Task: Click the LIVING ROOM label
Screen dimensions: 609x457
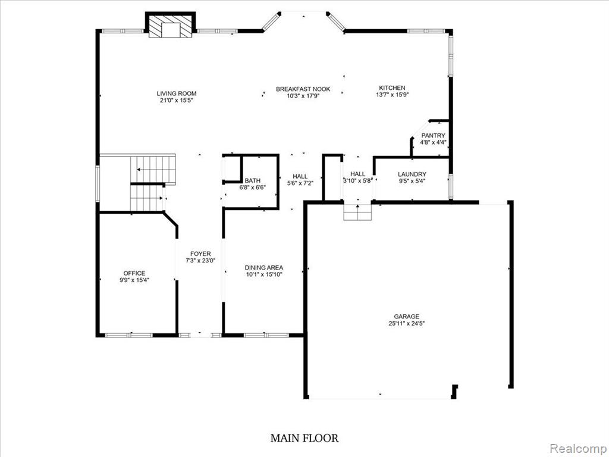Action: coord(176,93)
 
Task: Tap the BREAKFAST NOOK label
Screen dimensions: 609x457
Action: coord(303,89)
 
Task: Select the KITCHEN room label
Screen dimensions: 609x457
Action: coord(393,88)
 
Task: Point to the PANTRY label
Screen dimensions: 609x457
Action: coord(433,136)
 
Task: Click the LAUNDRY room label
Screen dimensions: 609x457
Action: coord(412,174)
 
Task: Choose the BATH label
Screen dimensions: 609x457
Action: coord(252,181)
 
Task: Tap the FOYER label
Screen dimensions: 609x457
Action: coord(200,253)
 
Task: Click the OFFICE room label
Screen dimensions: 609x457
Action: coord(134,273)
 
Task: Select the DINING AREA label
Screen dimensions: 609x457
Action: coord(263,267)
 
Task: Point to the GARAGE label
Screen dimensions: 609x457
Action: coord(407,317)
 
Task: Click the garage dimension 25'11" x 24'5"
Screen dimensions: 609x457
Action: coord(407,323)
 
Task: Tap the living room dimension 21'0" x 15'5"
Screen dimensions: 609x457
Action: coord(176,100)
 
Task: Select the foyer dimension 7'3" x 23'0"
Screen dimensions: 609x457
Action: coord(200,261)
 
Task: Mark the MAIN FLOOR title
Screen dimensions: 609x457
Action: coord(304,439)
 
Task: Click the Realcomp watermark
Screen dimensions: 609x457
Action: coord(578,449)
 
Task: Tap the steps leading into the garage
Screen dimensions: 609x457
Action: coord(357,212)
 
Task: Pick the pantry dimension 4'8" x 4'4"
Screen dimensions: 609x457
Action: coord(433,143)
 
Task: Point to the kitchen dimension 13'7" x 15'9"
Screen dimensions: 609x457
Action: coord(393,95)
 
